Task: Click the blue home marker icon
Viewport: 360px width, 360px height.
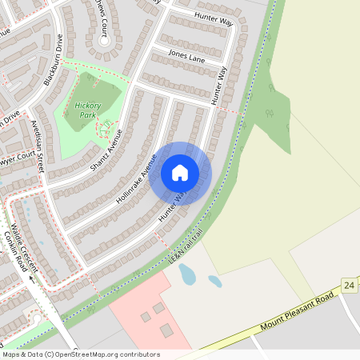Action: tap(180, 172)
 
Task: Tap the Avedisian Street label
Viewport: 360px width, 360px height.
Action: tap(38, 146)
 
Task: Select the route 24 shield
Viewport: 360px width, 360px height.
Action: tap(349, 286)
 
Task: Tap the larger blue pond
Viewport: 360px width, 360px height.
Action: tap(187, 274)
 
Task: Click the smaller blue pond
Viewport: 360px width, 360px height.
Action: tap(215, 281)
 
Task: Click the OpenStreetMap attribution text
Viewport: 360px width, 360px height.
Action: tap(80, 354)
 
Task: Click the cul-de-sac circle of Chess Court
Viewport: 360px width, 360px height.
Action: tap(102, 39)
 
